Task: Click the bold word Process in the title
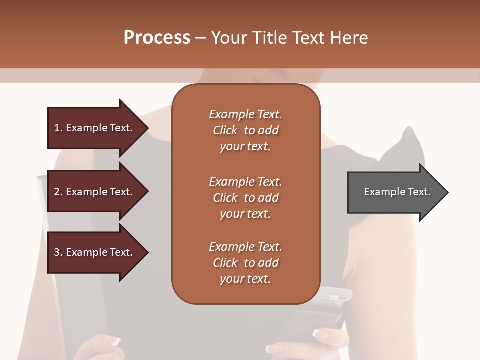coord(157,38)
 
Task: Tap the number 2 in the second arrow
coord(57,192)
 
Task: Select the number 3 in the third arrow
coord(57,252)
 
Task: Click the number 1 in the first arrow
coord(57,128)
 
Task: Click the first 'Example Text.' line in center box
coord(245,114)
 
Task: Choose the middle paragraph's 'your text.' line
coord(245,214)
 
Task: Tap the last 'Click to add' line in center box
coord(245,263)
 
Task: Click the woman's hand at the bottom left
coord(102,347)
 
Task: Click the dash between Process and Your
coord(201,38)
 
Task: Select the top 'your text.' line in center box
coord(245,147)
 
